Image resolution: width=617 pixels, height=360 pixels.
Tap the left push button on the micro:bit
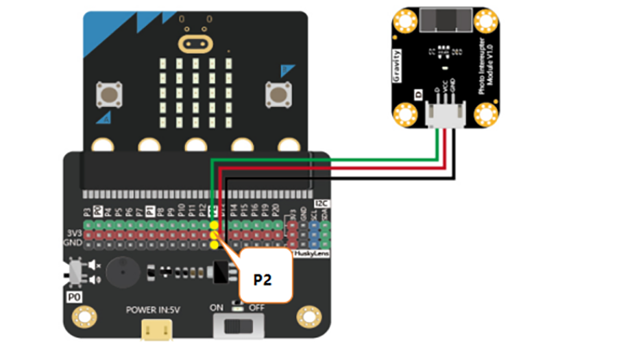tap(108, 93)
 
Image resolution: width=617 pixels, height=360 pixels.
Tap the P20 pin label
tap(274, 211)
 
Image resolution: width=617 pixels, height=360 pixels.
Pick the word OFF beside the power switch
tap(256, 308)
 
